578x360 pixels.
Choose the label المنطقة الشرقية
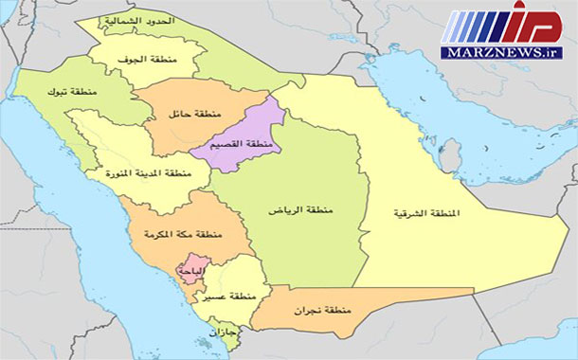(x=426, y=214)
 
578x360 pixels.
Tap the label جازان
(x=252, y=333)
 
